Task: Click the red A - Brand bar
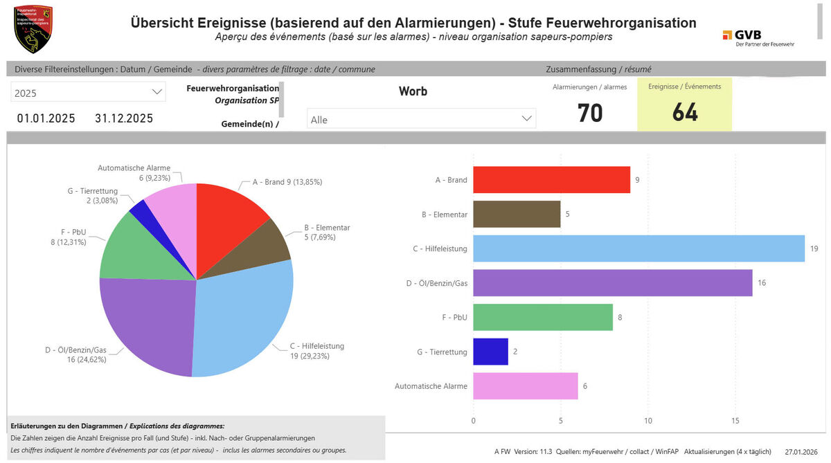551,180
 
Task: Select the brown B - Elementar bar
517,215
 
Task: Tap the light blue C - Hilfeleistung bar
638,248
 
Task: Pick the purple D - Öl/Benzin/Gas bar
612,283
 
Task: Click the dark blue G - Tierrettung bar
490,352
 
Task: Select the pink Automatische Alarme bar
525,385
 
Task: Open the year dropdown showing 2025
89,92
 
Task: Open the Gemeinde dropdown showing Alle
421,119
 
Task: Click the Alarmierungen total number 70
590,113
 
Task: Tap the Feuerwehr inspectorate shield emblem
33,29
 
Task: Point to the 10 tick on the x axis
647,421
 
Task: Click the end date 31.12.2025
124,118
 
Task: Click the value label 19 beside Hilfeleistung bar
814,248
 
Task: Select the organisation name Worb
413,91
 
